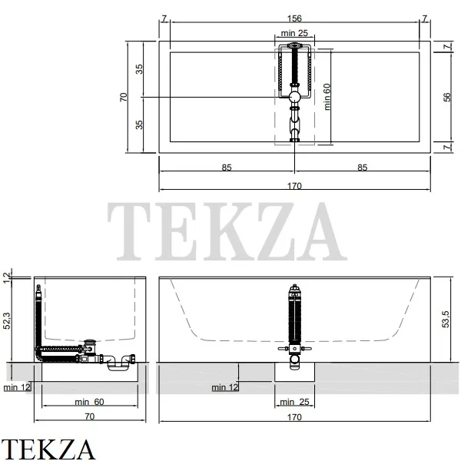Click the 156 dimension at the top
pos(294,18)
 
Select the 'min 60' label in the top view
pos(327,97)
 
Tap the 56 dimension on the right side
pos(447,97)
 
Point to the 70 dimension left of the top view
pos(124,97)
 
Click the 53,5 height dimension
pos(446,319)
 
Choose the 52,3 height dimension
pos(6,320)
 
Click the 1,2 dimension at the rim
pos(6,278)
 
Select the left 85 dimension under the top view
pos(227,167)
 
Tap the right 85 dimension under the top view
pos(362,167)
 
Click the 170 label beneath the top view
pos(294,186)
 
